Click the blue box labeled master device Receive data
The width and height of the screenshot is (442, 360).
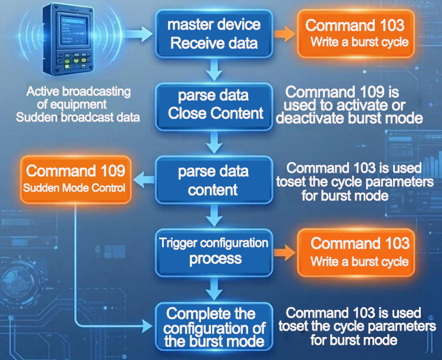pyautogui.click(x=214, y=34)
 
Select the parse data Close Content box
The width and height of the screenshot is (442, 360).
pyautogui.click(x=214, y=107)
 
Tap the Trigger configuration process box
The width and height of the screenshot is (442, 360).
pyautogui.click(x=214, y=253)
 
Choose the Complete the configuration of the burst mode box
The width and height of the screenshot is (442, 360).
pyautogui.click(x=214, y=327)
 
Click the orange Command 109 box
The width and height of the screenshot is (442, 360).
pyautogui.click(x=75, y=179)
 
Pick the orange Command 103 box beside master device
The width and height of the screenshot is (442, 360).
pyautogui.click(x=356, y=34)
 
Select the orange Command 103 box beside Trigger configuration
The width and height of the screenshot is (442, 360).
pyautogui.click(x=356, y=253)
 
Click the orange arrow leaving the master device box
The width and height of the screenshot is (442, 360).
pyautogui.click(x=285, y=34)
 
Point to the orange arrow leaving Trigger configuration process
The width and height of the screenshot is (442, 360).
pyautogui.click(x=285, y=253)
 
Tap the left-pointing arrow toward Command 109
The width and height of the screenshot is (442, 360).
pyautogui.click(x=144, y=180)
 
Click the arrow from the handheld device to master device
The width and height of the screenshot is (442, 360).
pyautogui.click(x=138, y=34)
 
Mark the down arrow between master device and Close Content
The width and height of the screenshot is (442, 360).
pyautogui.click(x=214, y=70)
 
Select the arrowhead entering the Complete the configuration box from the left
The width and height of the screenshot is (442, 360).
pyautogui.click(x=147, y=326)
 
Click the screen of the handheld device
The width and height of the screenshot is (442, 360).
pyautogui.click(x=72, y=29)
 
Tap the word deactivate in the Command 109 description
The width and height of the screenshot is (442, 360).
pyautogui.click(x=311, y=118)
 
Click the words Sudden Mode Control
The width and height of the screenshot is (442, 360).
pyautogui.click(x=74, y=188)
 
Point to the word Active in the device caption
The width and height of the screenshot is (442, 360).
pyautogui.click(x=43, y=91)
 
